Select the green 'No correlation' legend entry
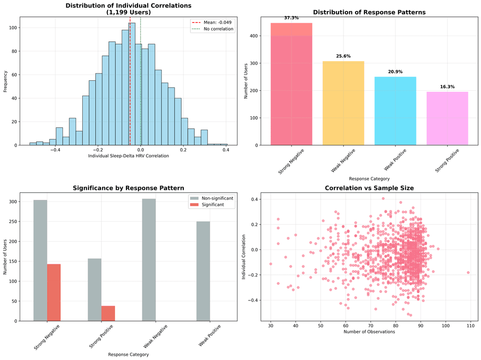point(212,29)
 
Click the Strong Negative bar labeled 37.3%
point(291,84)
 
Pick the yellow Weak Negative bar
point(343,103)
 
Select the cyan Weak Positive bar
point(395,111)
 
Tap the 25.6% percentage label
point(343,56)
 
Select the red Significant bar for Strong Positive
point(108,313)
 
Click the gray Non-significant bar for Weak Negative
point(149,260)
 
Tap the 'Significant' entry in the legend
point(213,204)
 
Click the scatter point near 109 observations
point(468,273)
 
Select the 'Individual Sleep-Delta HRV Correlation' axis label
point(128,156)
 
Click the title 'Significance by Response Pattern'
point(128,188)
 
